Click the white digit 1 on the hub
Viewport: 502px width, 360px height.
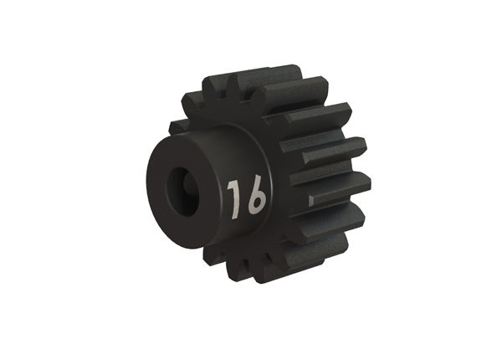pyautogui.click(x=233, y=198)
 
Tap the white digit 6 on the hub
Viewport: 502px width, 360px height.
pyautogui.click(x=254, y=198)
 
